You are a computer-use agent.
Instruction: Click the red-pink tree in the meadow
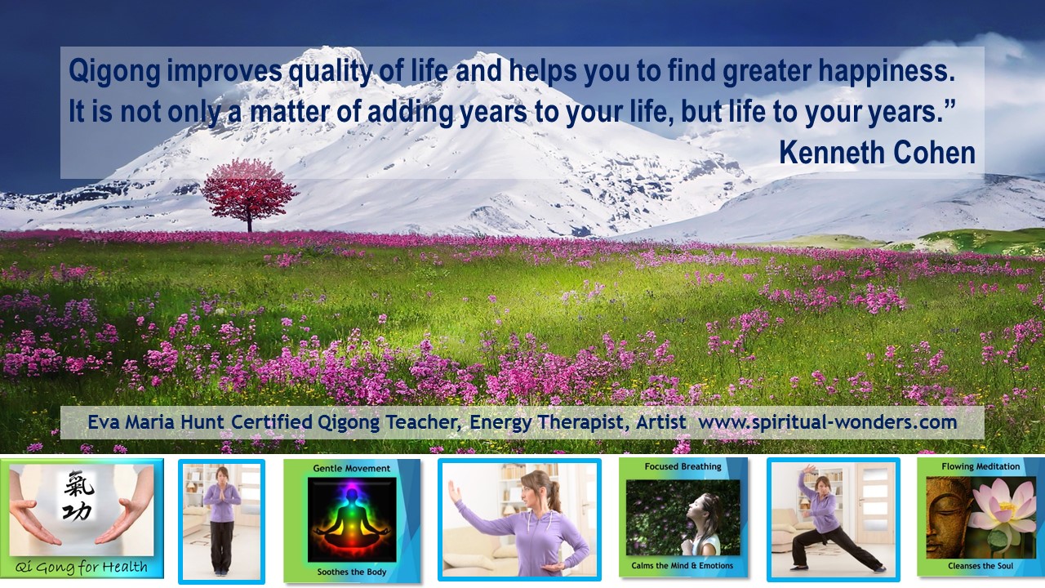249,194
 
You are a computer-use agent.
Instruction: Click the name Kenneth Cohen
877,153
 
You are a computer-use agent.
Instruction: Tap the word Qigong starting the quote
114,72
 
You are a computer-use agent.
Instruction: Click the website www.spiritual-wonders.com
828,422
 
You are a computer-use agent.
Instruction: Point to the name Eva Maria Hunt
157,422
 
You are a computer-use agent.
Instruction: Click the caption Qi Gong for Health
82,567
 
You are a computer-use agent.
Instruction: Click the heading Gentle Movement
352,468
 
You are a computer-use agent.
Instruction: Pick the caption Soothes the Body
352,572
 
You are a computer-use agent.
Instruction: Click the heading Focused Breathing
683,466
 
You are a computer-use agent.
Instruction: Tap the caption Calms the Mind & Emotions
682,566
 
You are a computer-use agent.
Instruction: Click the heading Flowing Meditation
981,466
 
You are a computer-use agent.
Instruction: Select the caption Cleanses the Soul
981,566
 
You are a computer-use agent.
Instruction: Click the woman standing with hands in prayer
221,521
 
